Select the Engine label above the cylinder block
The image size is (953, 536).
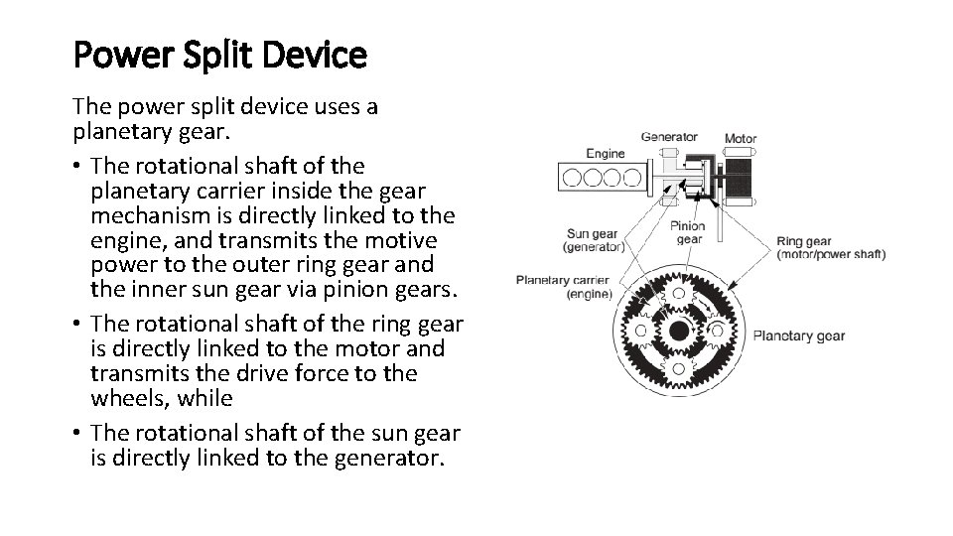click(605, 153)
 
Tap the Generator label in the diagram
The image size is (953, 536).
click(669, 137)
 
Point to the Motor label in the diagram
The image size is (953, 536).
click(741, 139)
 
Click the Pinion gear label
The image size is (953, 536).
click(688, 232)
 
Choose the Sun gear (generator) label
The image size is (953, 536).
click(595, 239)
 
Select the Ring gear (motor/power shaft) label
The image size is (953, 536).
click(830, 247)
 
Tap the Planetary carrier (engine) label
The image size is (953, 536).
click(563, 286)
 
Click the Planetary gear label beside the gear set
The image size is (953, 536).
click(799, 335)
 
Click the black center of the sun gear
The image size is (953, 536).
click(677, 331)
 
